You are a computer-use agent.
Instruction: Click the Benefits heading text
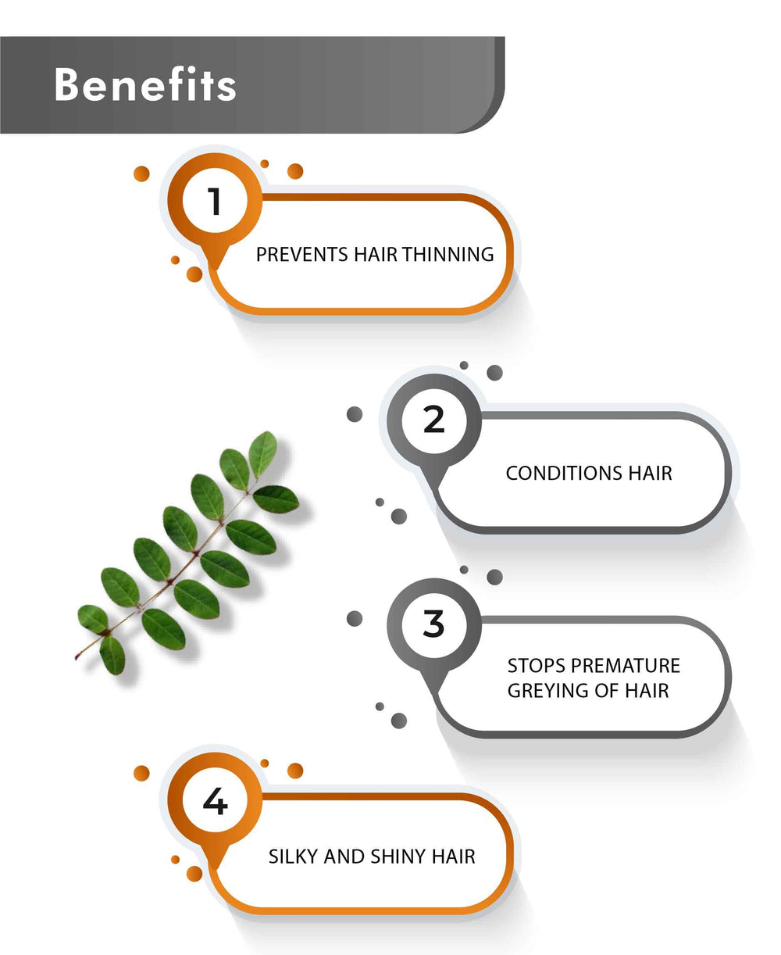tap(145, 84)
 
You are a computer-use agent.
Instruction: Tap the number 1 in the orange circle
tap(215, 201)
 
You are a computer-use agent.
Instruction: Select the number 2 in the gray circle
tap(434, 420)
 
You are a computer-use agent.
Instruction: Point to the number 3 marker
tap(434, 624)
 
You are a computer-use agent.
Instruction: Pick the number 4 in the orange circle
tap(216, 801)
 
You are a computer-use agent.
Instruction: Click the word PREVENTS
tap(302, 255)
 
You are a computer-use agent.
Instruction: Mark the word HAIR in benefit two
tap(650, 473)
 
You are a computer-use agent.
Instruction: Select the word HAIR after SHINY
tap(454, 857)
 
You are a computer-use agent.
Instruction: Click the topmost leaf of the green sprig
tap(263, 454)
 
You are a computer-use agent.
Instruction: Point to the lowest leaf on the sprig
tap(112, 655)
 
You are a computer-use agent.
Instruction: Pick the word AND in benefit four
tap(344, 857)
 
